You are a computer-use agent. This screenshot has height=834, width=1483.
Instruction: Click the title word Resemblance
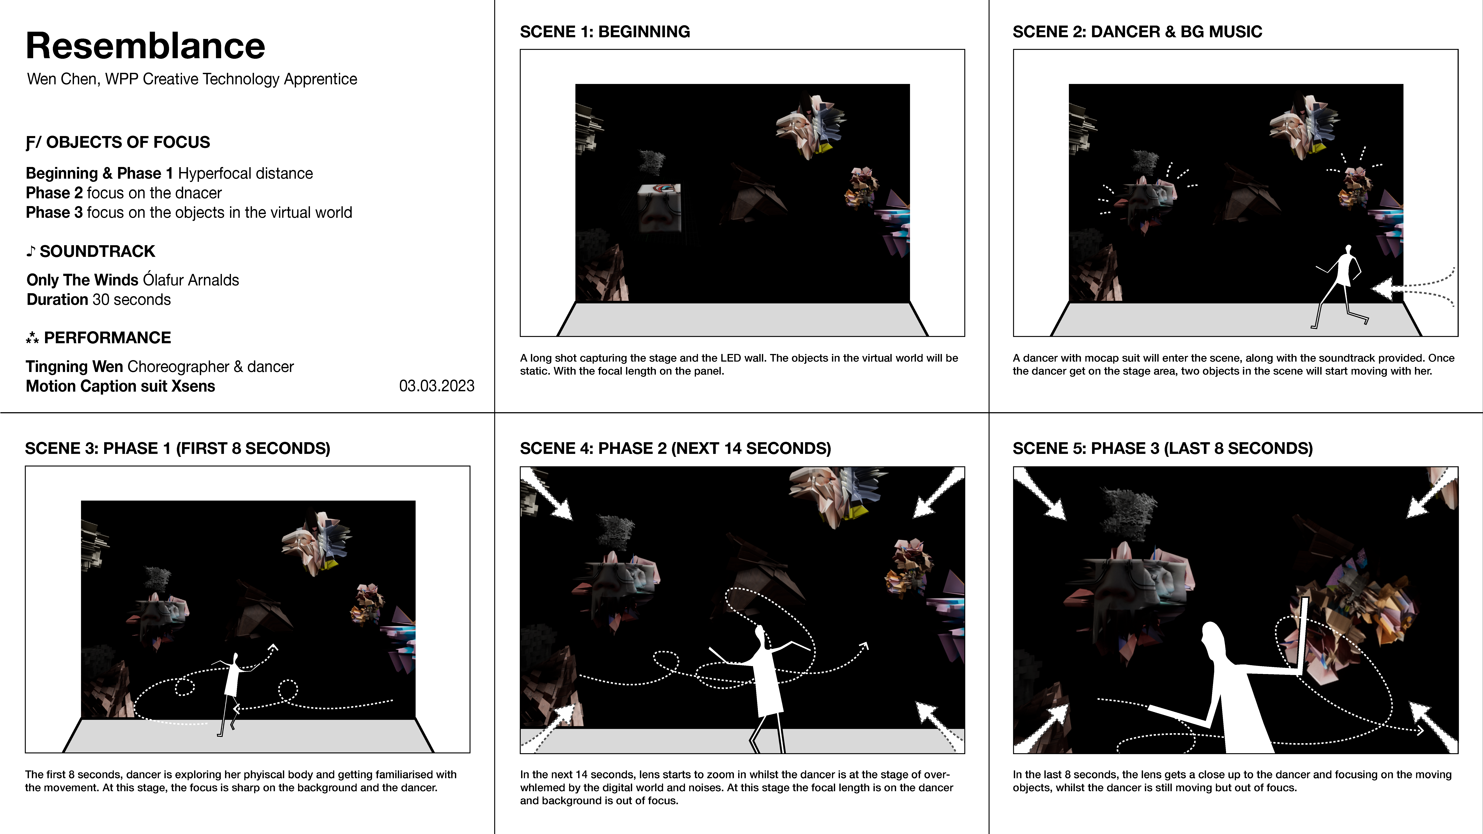pos(146,46)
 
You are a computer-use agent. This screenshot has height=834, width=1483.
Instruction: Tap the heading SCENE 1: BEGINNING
pos(605,32)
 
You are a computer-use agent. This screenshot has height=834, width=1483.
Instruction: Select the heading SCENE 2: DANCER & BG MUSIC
pos(1137,32)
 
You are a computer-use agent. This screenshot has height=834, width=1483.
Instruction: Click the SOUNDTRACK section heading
pos(97,251)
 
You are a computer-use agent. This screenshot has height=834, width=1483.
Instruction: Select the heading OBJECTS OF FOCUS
pos(128,142)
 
